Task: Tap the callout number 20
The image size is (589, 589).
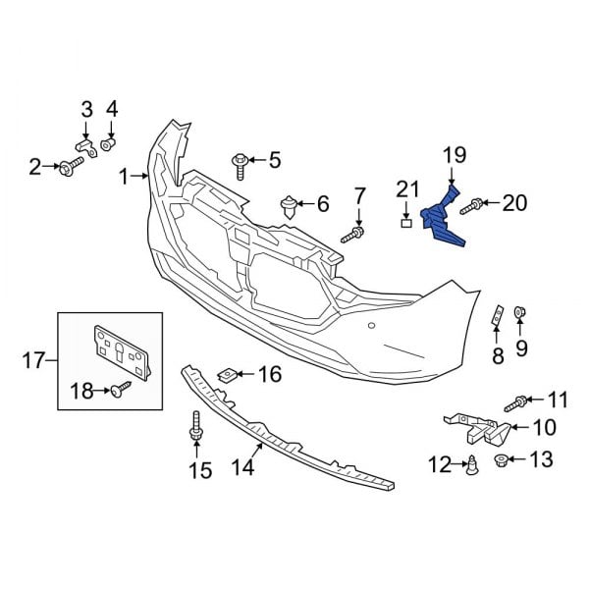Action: click(514, 203)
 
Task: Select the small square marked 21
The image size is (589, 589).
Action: click(407, 223)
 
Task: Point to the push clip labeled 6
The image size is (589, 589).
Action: click(289, 206)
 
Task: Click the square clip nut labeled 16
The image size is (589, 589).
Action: click(227, 374)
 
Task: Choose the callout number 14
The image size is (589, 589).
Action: click(241, 468)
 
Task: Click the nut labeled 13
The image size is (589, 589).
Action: click(502, 458)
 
